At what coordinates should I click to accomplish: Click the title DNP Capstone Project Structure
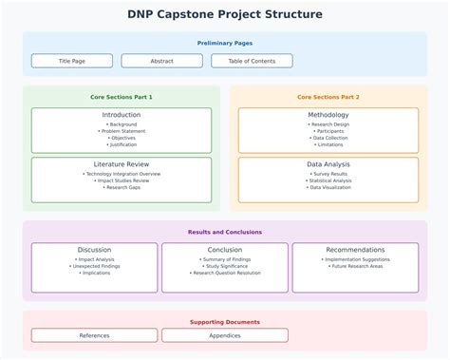[x=225, y=14]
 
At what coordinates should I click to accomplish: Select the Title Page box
[x=71, y=61]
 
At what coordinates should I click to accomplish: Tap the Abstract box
[x=161, y=61]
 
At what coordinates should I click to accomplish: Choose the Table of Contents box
[x=252, y=61]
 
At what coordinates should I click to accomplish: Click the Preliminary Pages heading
[x=225, y=43]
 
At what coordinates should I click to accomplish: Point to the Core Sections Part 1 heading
[x=122, y=97]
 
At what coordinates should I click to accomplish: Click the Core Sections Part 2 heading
[x=328, y=97]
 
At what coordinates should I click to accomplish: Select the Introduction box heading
[x=122, y=115]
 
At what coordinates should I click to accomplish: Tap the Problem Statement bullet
[x=122, y=131]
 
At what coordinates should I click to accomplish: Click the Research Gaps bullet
[x=122, y=187]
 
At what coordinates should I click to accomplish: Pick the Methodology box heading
[x=328, y=115]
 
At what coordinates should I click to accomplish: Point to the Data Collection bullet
[x=328, y=138]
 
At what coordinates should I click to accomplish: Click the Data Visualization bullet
[x=328, y=187]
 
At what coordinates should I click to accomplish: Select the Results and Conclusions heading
[x=225, y=232]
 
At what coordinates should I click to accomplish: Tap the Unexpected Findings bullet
[x=94, y=266]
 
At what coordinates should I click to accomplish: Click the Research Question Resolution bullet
[x=225, y=273]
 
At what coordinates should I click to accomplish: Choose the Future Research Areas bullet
[x=355, y=266]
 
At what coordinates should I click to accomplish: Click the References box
[x=94, y=335]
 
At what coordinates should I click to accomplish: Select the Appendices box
[x=225, y=335]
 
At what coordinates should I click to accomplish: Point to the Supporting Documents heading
[x=225, y=322]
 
